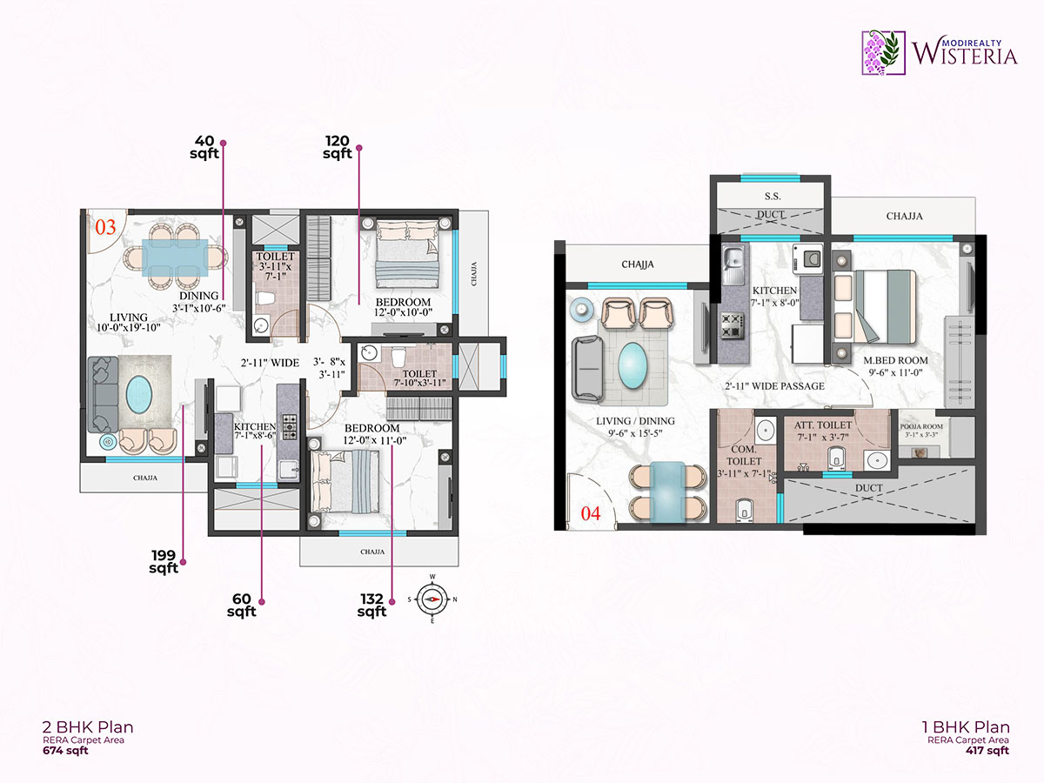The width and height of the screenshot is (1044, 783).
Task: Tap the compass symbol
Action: click(x=432, y=598)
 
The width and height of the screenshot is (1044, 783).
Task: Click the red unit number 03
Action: click(x=105, y=228)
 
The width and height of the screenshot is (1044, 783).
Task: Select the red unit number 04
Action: click(x=591, y=513)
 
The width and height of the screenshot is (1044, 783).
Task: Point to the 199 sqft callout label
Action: click(x=164, y=562)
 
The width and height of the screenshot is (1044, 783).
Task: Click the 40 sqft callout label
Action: click(x=204, y=147)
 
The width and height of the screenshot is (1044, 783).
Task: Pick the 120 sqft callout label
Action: click(x=338, y=147)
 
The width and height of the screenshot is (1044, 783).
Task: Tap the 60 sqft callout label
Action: click(x=242, y=605)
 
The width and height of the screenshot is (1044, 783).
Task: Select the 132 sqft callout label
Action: click(x=371, y=605)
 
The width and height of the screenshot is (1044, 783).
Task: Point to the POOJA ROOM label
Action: click(x=923, y=426)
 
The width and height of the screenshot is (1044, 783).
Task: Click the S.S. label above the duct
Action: click(x=771, y=197)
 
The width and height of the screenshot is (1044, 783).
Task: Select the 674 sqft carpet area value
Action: click(x=66, y=751)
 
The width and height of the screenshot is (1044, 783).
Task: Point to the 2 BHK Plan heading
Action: click(x=88, y=726)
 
